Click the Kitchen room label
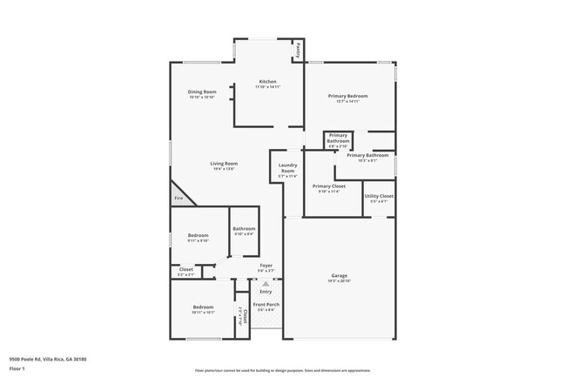(267, 82)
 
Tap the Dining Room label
(201, 91)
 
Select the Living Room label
(224, 163)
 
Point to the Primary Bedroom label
(347, 96)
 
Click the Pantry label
(298, 50)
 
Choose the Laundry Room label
(287, 167)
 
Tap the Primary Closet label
(329, 186)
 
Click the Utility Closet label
(379, 196)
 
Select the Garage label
(339, 275)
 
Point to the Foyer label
(266, 265)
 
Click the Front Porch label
(265, 304)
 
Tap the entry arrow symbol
(266, 283)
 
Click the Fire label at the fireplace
(179, 199)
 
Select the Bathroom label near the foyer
(244, 228)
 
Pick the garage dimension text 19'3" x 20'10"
(339, 280)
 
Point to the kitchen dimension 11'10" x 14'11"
(267, 87)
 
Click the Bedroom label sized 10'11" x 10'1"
(203, 307)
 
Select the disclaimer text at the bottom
(283, 370)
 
